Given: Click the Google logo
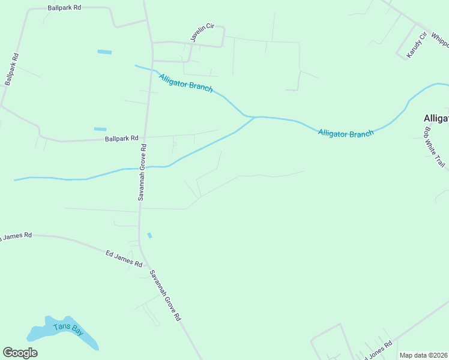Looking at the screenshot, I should pos(20,353).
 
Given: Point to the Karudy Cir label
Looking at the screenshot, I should pos(416,45).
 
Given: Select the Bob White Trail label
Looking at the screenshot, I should pos(435,146).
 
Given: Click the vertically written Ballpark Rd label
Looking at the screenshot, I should pos(11,69).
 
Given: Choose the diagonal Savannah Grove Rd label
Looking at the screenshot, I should pos(165,295).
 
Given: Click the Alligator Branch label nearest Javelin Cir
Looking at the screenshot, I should pos(186,83).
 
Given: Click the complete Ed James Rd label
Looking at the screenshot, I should pos(124,259).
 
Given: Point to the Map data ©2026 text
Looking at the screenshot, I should pos(423,355).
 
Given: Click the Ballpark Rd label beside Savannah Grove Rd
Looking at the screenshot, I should pos(121,139).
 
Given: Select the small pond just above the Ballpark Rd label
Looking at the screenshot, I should pos(100,129).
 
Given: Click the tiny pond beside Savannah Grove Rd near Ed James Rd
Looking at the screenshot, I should pos(149,235).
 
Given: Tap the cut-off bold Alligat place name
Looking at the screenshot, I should pos(436,118).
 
